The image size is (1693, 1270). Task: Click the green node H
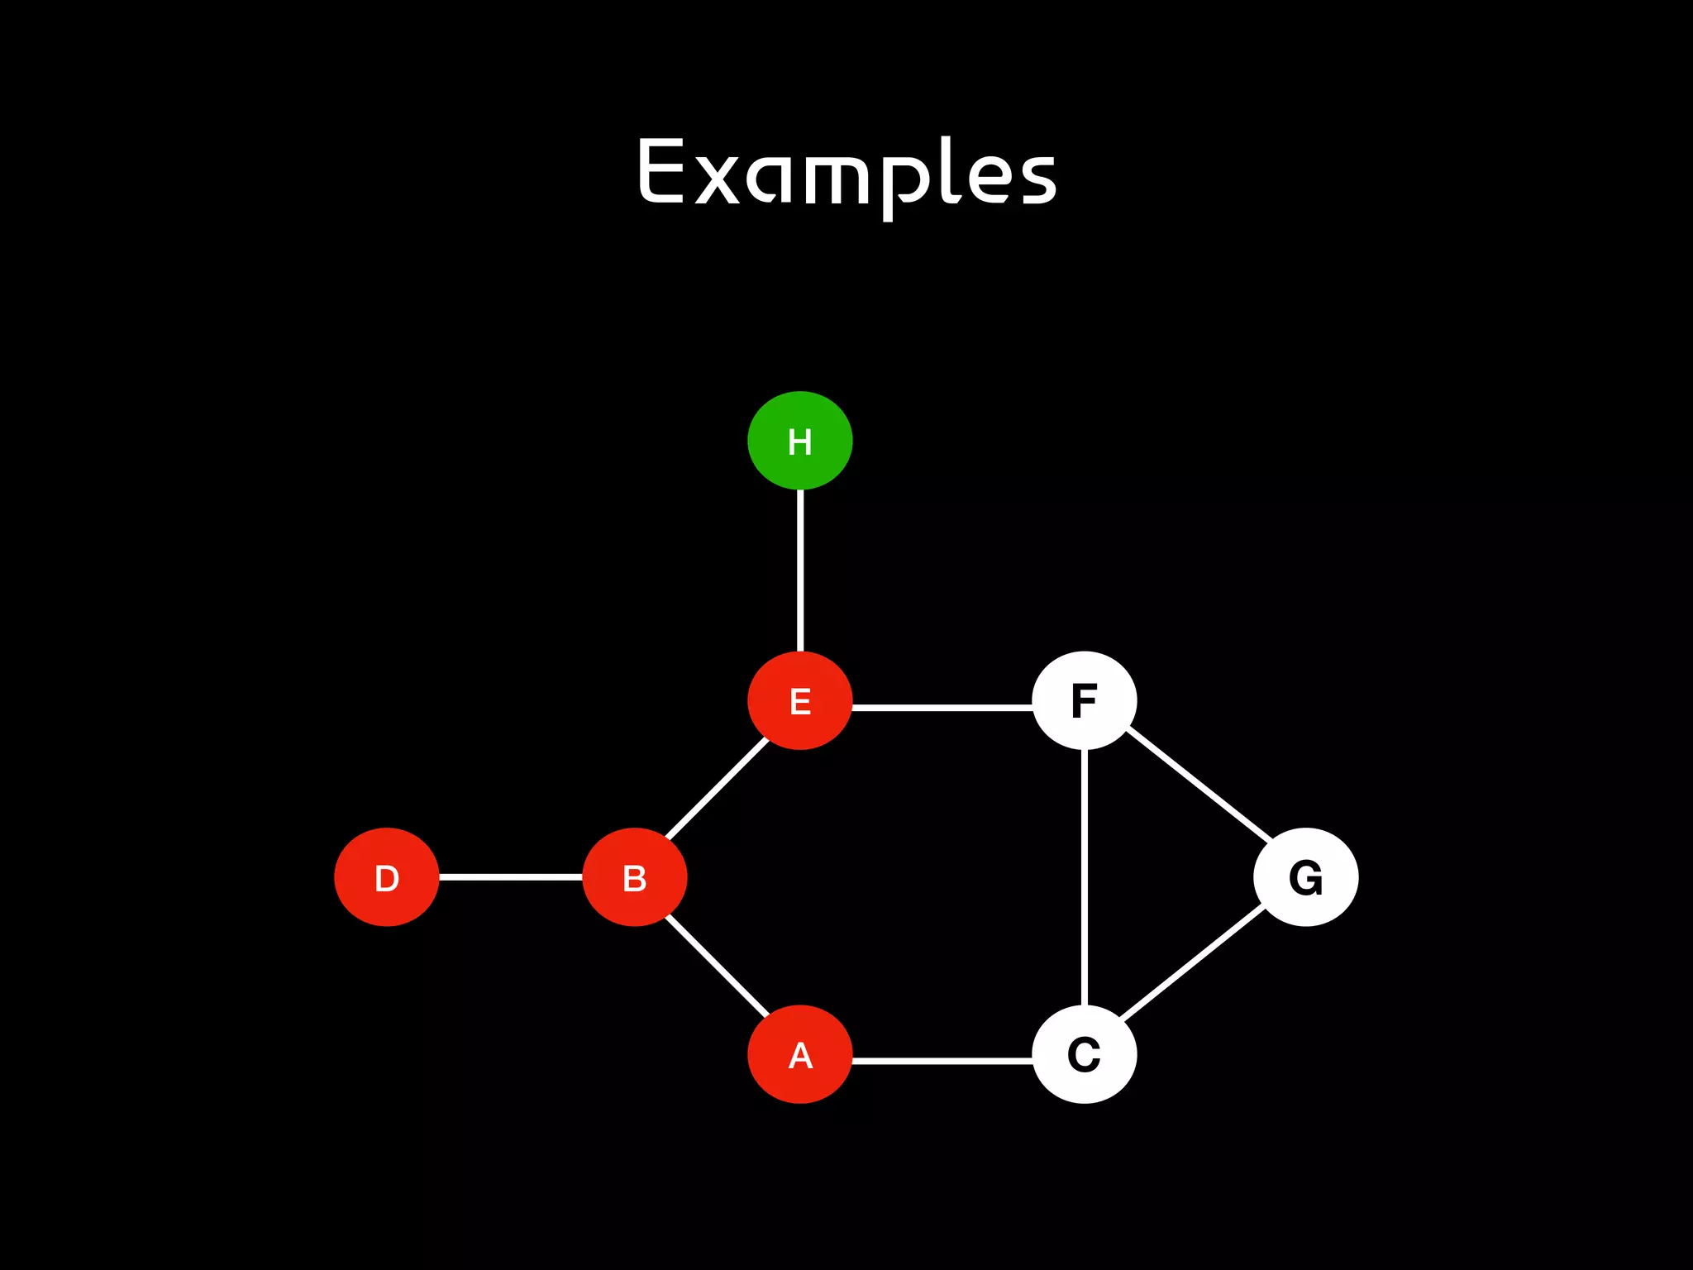(x=799, y=441)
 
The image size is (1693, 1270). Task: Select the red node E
(x=799, y=701)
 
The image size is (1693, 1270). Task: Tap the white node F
(x=1084, y=701)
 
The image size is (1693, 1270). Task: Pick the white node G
(x=1305, y=877)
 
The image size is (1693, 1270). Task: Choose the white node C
(x=1084, y=1054)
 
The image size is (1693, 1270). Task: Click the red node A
(x=799, y=1054)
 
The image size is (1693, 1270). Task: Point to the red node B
(x=634, y=877)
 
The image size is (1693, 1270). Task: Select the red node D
(x=386, y=877)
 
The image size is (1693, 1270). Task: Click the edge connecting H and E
(x=799, y=571)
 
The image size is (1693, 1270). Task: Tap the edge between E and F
(x=942, y=708)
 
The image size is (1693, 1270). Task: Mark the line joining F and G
(x=1199, y=785)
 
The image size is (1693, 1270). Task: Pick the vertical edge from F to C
(x=1084, y=876)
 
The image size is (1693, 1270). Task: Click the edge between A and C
(x=942, y=1060)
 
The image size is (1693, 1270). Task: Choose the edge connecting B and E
(x=718, y=789)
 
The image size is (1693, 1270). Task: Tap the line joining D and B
(x=510, y=876)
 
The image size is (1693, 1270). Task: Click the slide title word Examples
(x=846, y=174)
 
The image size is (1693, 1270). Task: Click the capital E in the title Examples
(x=661, y=170)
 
